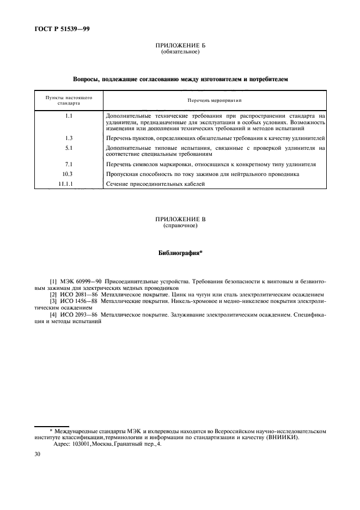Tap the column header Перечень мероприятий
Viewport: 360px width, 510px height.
pyautogui.click(x=215, y=100)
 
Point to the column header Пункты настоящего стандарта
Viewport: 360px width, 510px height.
pyautogui.click(x=69, y=100)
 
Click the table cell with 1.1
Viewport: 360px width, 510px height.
pyautogui.click(x=69, y=116)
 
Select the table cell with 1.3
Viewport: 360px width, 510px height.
pyautogui.click(x=69, y=138)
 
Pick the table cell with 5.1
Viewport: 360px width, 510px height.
pyautogui.click(x=69, y=148)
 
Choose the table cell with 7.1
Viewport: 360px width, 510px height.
pyautogui.click(x=69, y=164)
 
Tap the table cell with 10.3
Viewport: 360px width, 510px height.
pyautogui.click(x=69, y=174)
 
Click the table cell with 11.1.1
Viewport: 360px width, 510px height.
pyautogui.click(x=69, y=184)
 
